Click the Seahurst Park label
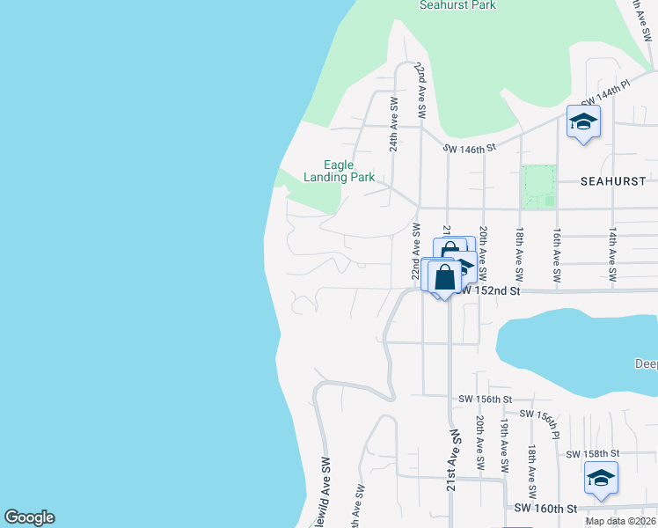(x=457, y=5)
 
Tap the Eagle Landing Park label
(x=340, y=171)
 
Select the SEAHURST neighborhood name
(x=614, y=181)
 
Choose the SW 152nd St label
(x=490, y=290)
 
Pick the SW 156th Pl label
(x=539, y=421)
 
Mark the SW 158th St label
(x=594, y=454)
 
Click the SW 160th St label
(x=545, y=509)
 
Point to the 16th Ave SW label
(x=557, y=255)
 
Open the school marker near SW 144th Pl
(x=582, y=121)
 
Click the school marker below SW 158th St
(x=601, y=478)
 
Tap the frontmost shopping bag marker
(x=445, y=275)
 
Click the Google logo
(x=29, y=517)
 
